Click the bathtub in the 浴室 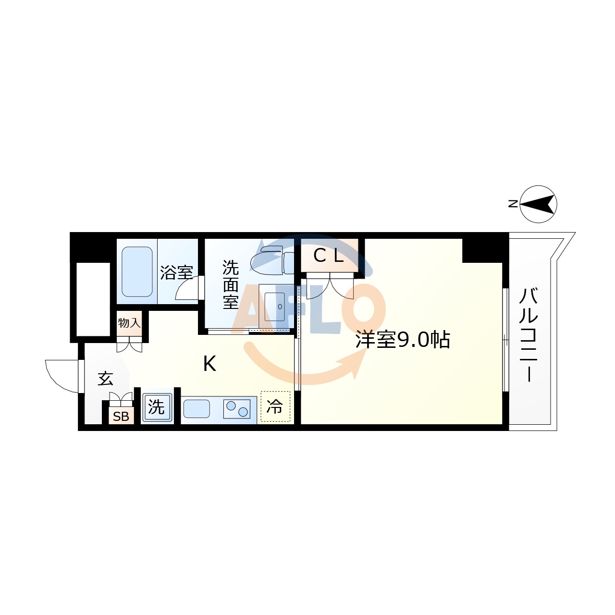(137, 271)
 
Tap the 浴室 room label (176, 272)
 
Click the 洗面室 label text (231, 285)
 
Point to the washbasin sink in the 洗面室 (275, 306)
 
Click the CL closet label (329, 256)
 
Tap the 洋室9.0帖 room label (402, 340)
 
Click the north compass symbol (538, 204)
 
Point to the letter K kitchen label (209, 364)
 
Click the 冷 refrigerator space (275, 407)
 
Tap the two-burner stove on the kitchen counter (237, 409)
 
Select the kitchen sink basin (197, 409)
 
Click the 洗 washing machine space (157, 407)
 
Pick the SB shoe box (121, 416)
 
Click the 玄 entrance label (105, 379)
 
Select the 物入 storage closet (129, 322)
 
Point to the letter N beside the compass (513, 204)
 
